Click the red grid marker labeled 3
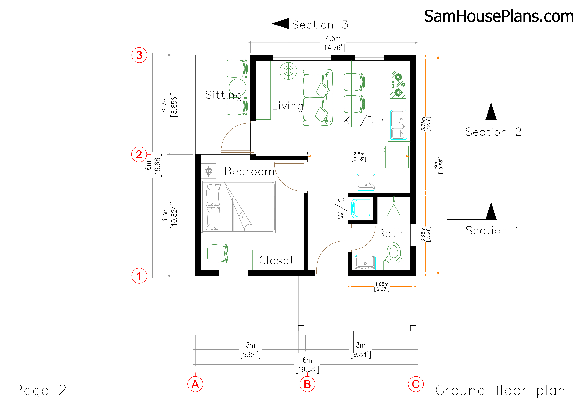click(x=139, y=55)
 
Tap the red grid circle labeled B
click(x=307, y=384)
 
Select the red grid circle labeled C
click(x=416, y=384)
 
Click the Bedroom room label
click(x=249, y=172)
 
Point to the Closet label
click(x=276, y=260)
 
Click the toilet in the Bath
click(x=394, y=253)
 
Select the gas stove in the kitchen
click(x=398, y=85)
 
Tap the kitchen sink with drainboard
click(x=398, y=125)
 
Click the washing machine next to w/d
click(x=361, y=208)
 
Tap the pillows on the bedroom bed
click(x=213, y=207)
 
